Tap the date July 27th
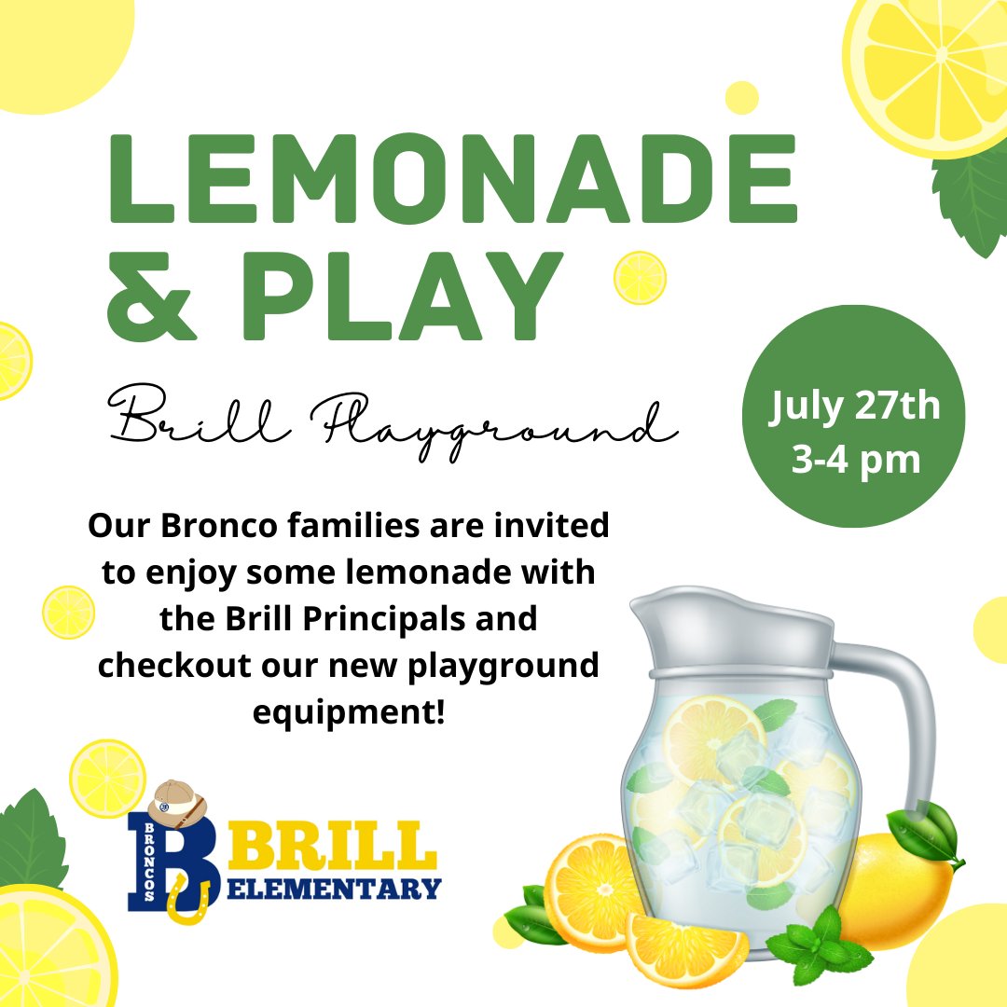pyautogui.click(x=855, y=408)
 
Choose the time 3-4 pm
pyautogui.click(x=855, y=460)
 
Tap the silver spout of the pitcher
pyautogui.click(x=653, y=615)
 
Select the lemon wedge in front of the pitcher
pyautogui.click(x=685, y=946)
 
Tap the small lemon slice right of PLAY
pyautogui.click(x=640, y=278)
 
